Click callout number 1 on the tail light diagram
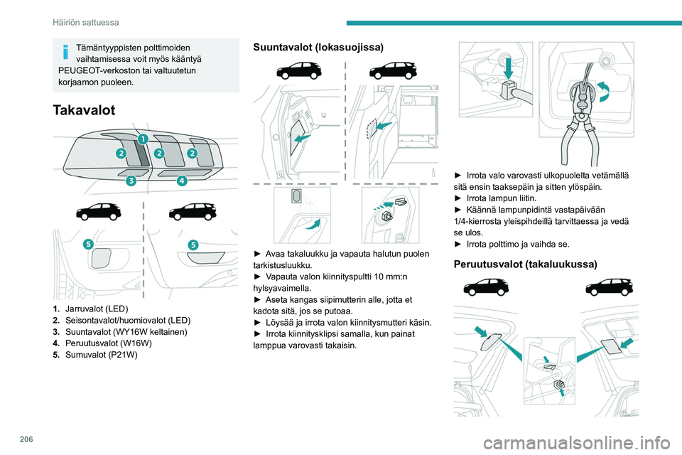point(142,138)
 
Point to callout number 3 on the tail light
point(131,181)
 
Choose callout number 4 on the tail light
point(182,181)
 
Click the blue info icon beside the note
point(64,52)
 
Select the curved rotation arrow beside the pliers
point(603,90)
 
